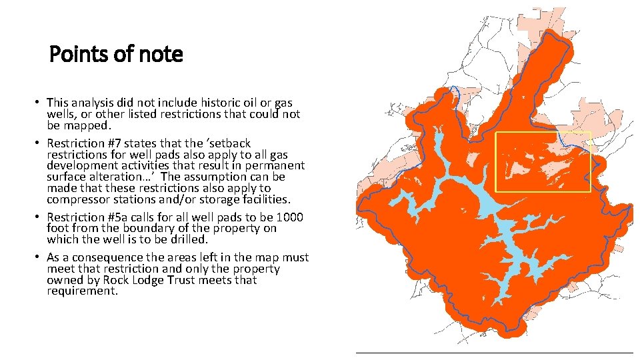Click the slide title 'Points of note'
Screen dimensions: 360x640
pyautogui.click(x=116, y=54)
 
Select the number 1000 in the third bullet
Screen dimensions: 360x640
pyautogui.click(x=289, y=217)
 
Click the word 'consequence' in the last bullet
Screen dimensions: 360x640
pyautogui.click(x=103, y=257)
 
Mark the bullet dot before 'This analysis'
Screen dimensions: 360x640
pyautogui.click(x=39, y=103)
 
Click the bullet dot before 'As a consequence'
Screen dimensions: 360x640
pyautogui.click(x=39, y=257)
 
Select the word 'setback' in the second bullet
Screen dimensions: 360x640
pyautogui.click(x=230, y=143)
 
